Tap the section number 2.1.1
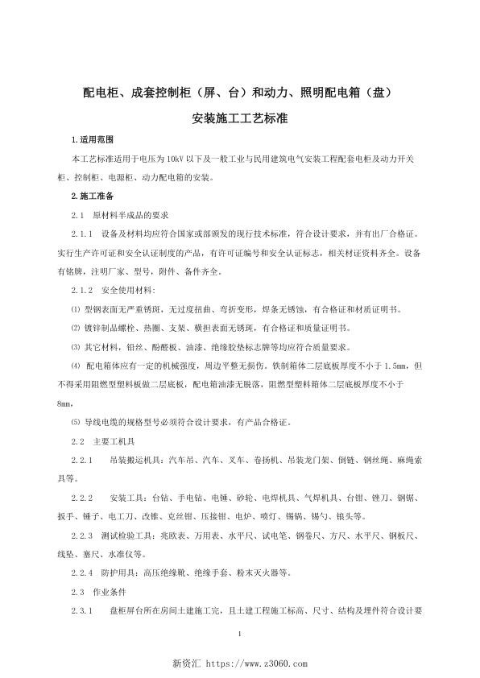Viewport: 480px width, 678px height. point(83,234)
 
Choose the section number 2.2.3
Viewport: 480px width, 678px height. point(83,535)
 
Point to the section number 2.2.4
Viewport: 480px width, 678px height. point(83,573)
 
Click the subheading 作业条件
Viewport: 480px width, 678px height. point(108,591)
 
